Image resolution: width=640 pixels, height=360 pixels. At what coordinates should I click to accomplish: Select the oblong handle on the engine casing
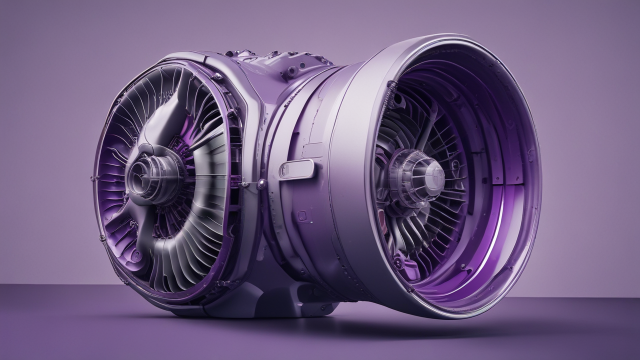296,168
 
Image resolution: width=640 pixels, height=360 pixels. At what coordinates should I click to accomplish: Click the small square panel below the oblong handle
302,216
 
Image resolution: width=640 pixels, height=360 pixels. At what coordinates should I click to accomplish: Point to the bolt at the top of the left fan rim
216,76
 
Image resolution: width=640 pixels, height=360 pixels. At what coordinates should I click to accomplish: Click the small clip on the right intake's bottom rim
410,289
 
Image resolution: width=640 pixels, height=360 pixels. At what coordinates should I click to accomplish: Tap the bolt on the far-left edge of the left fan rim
93,178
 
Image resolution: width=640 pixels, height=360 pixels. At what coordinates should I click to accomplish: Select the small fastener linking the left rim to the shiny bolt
245,184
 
